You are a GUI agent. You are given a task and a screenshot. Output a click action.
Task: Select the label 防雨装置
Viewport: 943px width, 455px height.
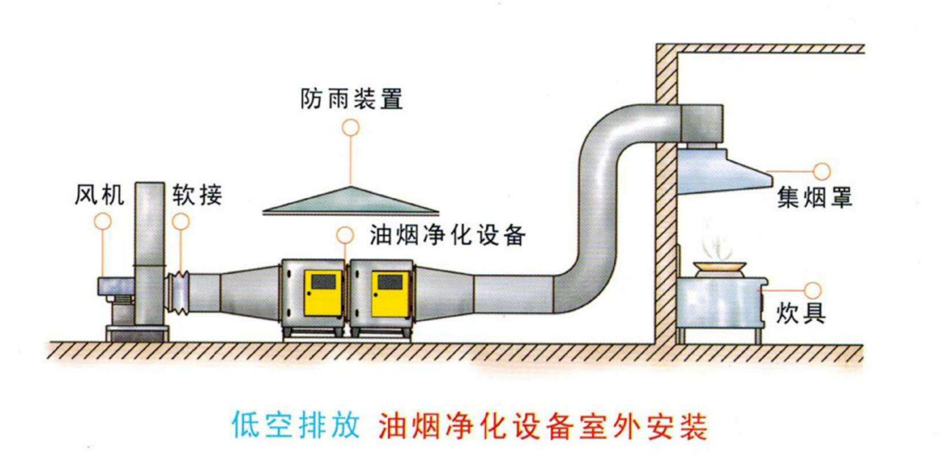pyautogui.click(x=352, y=99)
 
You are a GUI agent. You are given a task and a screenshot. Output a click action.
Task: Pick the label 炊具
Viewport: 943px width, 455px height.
pyautogui.click(x=801, y=312)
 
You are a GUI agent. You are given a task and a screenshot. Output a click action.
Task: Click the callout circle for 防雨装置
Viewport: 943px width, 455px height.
pyautogui.click(x=351, y=127)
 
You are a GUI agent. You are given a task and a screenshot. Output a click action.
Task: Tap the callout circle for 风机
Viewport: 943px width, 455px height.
pyautogui.click(x=104, y=221)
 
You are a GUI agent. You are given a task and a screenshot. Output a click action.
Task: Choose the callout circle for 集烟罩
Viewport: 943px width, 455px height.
pyautogui.click(x=821, y=170)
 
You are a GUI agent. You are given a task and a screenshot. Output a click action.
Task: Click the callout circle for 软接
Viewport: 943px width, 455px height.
pyautogui.click(x=179, y=221)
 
